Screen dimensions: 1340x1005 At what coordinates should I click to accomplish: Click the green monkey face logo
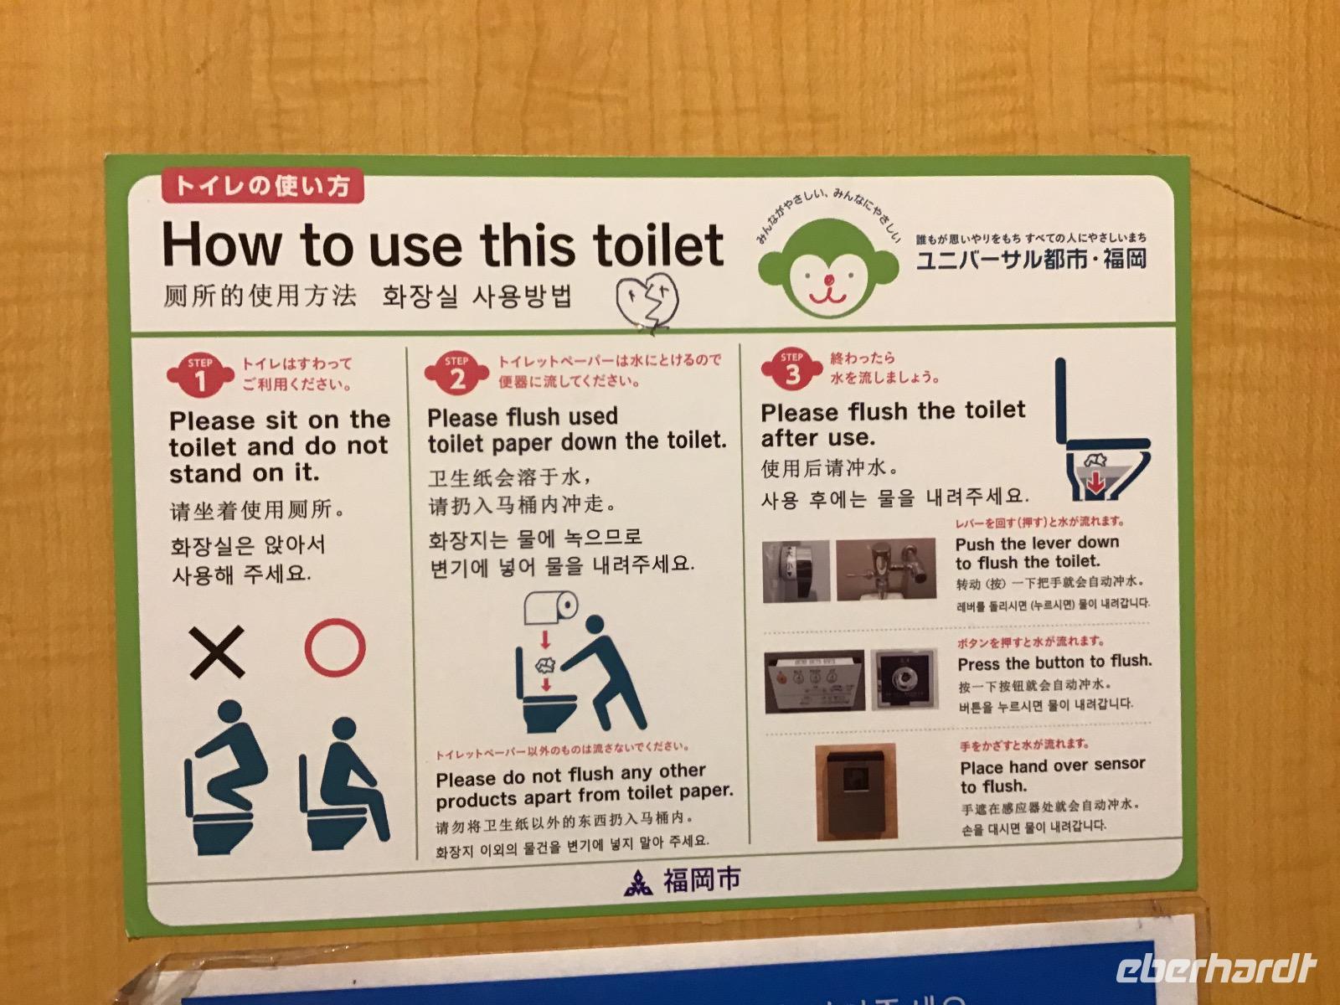(828, 267)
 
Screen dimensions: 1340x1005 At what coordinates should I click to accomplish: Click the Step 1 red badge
(200, 375)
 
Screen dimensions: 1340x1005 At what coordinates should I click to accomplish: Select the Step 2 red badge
(456, 372)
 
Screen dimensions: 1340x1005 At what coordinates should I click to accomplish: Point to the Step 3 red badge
(791, 368)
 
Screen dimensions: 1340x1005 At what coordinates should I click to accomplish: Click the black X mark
(217, 652)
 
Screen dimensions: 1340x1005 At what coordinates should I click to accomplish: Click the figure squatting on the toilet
(225, 777)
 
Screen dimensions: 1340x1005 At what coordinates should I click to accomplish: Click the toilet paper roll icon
(550, 608)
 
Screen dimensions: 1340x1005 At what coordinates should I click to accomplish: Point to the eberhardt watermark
(1216, 967)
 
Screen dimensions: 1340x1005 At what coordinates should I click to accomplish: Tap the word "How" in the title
(222, 244)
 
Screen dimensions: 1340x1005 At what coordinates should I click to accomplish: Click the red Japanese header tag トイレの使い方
(262, 185)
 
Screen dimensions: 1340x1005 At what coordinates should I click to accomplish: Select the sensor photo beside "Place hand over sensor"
(857, 791)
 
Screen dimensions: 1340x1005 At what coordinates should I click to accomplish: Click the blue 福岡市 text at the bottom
(702, 879)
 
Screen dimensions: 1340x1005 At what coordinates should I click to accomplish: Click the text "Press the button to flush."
(1054, 662)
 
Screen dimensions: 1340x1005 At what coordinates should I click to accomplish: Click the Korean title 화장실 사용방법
(477, 296)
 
